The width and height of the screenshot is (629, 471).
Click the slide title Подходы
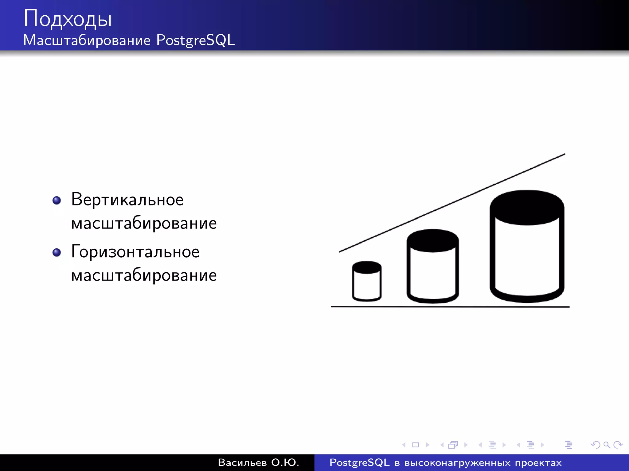(x=68, y=19)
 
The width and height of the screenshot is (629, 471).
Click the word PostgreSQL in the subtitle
(x=195, y=40)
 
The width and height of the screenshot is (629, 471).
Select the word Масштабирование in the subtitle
(x=87, y=40)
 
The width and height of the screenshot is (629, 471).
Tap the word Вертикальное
(x=127, y=200)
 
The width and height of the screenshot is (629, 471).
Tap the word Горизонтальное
(x=135, y=252)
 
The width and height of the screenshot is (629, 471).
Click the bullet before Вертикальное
(x=57, y=201)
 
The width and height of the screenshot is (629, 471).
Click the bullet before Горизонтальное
(x=57, y=253)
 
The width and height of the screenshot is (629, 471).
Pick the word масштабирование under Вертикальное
(x=144, y=223)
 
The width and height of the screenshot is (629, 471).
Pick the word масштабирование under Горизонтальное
(x=144, y=275)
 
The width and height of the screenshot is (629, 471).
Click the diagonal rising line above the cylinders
(x=451, y=203)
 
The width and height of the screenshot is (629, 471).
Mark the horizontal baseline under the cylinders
(x=450, y=306)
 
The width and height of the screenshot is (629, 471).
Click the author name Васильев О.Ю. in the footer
(x=258, y=463)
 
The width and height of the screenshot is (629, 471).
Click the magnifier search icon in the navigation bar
(x=607, y=445)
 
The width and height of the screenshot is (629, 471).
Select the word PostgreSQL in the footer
(x=359, y=463)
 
